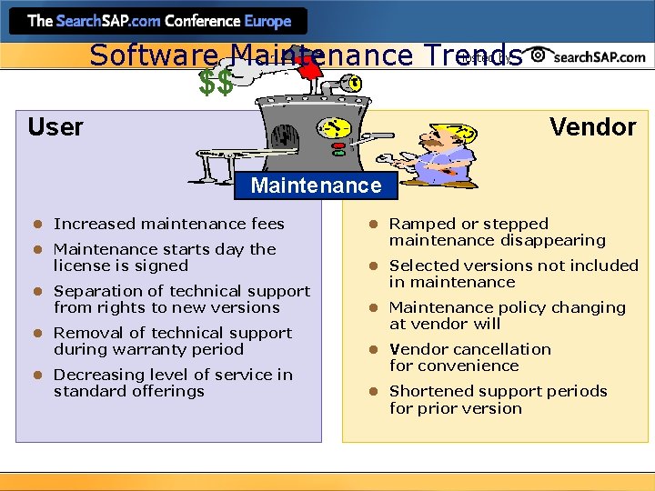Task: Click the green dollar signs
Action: click(217, 84)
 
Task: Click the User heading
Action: click(55, 127)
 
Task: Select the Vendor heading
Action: click(592, 127)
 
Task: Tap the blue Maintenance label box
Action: click(316, 185)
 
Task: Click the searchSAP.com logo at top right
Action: click(589, 56)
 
